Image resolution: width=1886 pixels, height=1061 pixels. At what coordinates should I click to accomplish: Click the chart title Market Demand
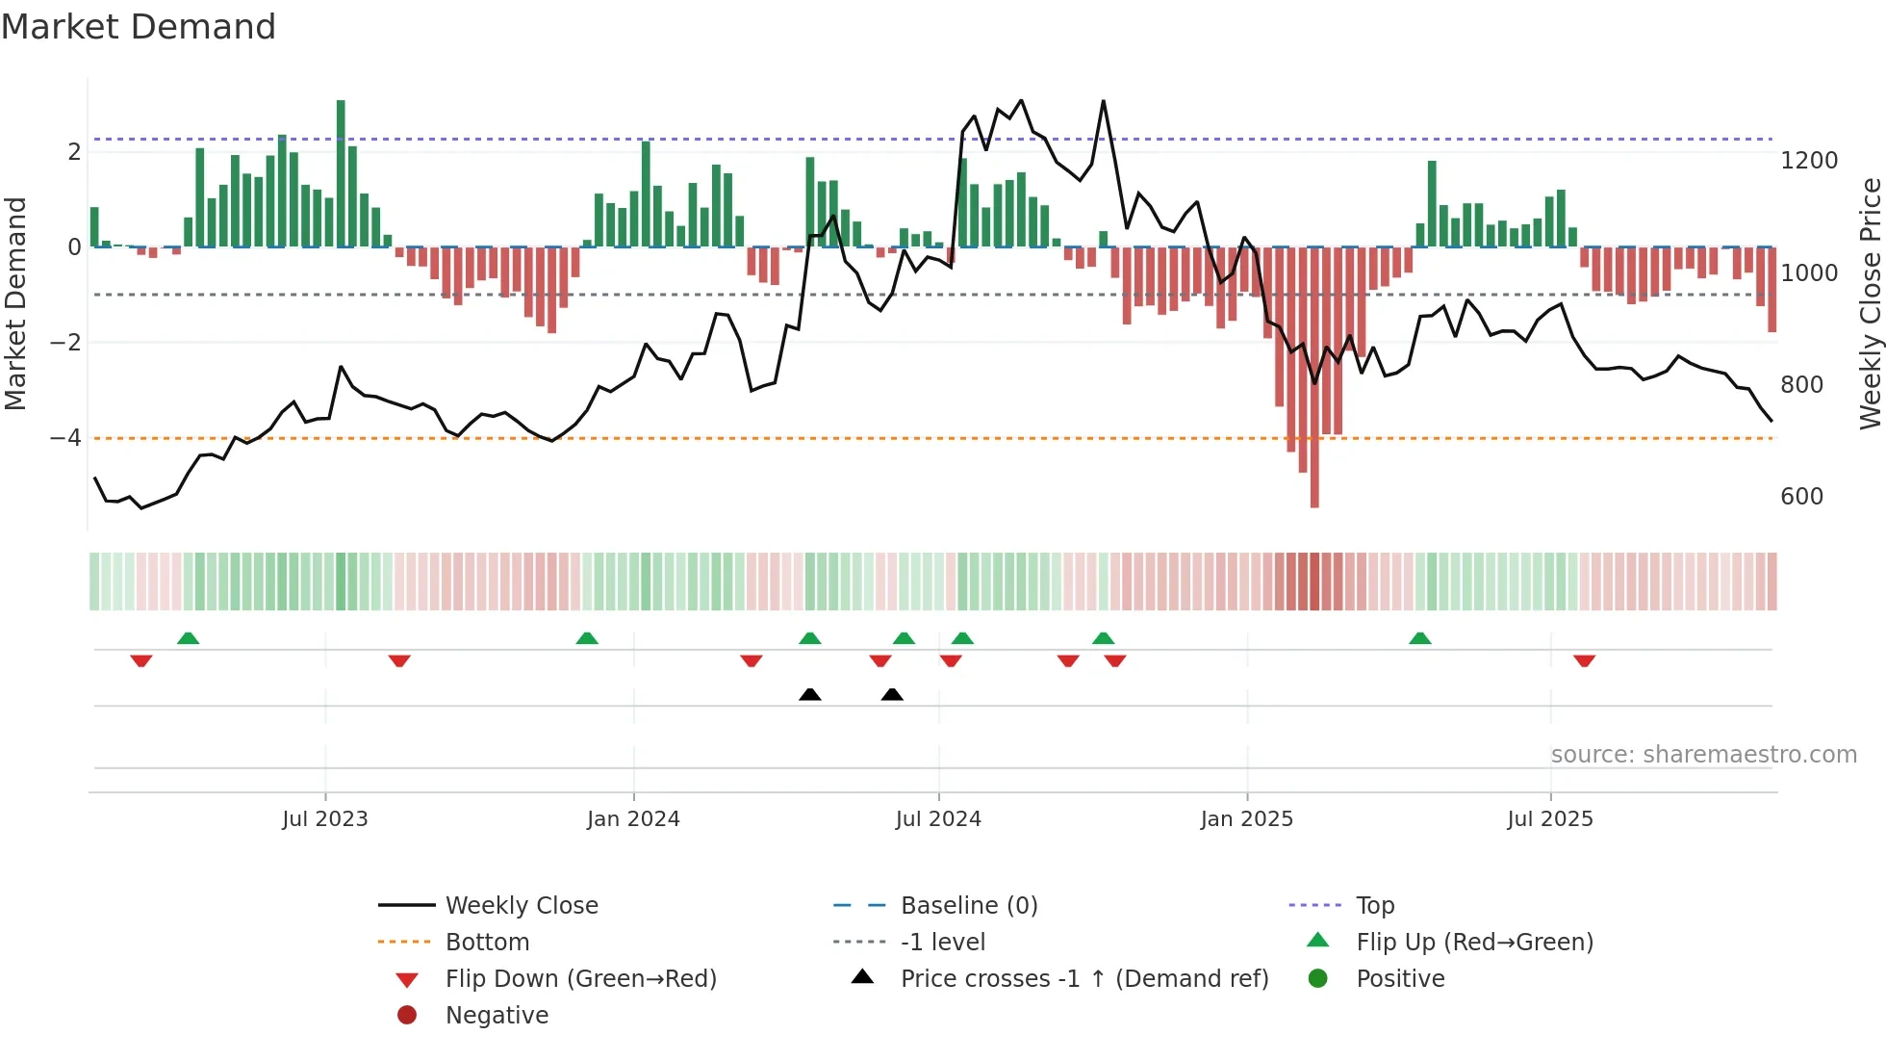point(139,27)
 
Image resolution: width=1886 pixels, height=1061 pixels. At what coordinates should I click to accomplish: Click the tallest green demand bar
point(341,173)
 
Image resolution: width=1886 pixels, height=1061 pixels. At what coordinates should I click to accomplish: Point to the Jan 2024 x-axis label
point(633,819)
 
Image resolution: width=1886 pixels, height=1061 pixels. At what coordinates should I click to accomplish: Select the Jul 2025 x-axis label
point(1550,819)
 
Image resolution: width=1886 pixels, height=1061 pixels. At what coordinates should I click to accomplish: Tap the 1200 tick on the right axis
point(1809,161)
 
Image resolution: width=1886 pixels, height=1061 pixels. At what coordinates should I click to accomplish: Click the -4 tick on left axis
point(65,438)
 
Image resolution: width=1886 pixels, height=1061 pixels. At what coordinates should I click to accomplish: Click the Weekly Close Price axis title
point(1870,303)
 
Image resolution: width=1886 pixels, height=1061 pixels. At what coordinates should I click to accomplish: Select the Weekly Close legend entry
point(521,906)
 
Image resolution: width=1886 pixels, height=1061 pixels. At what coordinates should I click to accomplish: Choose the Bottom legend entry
point(487,943)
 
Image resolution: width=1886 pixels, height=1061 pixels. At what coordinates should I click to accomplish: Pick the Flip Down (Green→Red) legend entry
point(580,979)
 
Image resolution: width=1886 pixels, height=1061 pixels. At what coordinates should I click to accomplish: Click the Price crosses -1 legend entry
point(1084,979)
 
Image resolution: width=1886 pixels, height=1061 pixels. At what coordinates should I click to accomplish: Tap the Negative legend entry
point(497,1016)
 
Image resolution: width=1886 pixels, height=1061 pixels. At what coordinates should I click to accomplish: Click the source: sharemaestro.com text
point(1703,755)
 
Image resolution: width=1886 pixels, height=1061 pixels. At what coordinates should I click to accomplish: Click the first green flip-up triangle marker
point(189,638)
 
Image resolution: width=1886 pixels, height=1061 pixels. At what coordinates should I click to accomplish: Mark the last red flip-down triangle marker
point(1585,660)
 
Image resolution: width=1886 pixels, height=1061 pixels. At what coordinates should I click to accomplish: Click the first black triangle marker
point(810,694)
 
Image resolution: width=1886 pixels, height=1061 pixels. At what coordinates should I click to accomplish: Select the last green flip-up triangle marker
point(1420,638)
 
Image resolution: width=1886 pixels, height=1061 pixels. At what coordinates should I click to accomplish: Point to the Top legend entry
point(1375,906)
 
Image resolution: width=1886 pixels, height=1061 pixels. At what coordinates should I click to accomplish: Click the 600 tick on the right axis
point(1801,497)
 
